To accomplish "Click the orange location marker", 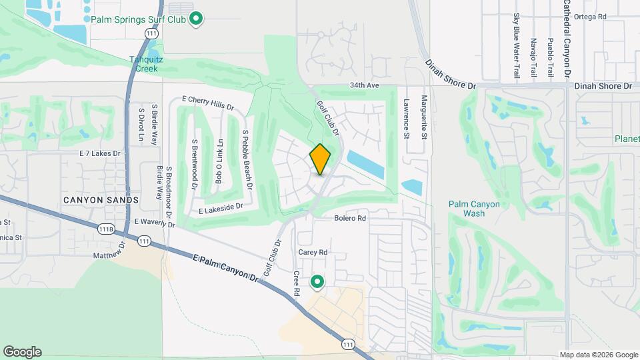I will (321, 159).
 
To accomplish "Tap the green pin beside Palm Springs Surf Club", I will (195, 18).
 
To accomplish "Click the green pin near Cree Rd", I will (317, 283).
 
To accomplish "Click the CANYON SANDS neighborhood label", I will (101, 200).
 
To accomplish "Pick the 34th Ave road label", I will (364, 86).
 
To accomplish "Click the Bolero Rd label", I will (351, 218).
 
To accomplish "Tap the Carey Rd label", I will (314, 253).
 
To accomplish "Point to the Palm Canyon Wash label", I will (473, 209).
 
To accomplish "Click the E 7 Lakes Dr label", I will (100, 153).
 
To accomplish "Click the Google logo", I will (22, 352).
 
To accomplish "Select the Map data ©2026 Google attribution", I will (598, 355).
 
